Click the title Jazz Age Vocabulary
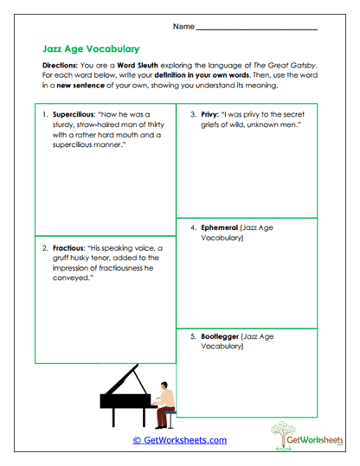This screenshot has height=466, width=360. point(91,49)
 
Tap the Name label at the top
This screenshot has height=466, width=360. point(183,27)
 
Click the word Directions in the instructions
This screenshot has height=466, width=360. point(62,66)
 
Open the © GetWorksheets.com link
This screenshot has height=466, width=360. point(179,440)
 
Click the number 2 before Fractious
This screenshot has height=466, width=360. point(44,246)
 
